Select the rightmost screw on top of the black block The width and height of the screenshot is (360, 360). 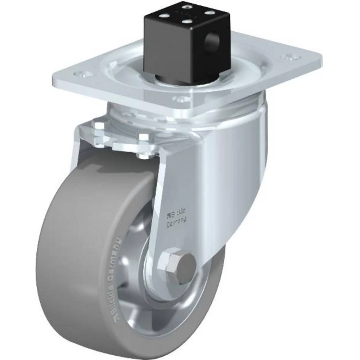click(209, 12)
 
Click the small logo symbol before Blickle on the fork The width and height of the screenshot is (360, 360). click(168, 216)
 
